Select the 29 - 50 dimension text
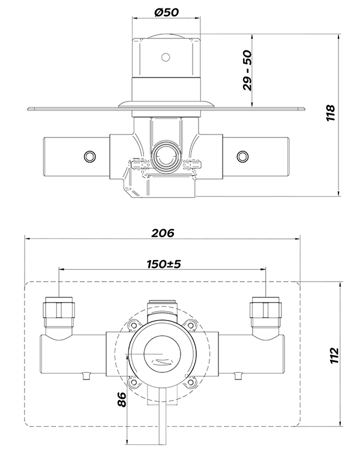coord(247,70)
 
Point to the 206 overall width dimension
coord(163,232)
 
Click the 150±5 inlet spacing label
coord(163,264)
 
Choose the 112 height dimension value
coord(334,356)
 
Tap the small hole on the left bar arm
coord(89,157)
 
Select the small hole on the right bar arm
coord(243,157)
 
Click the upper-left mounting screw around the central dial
coord(134,326)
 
